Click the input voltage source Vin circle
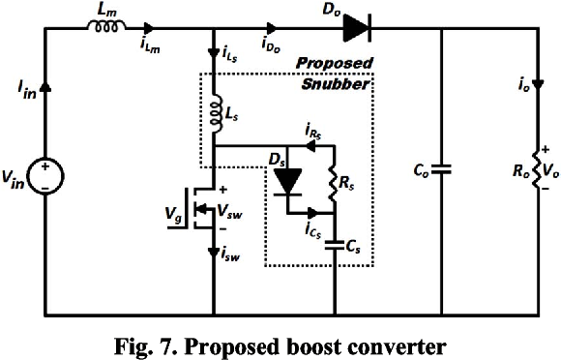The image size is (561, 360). [x=45, y=176]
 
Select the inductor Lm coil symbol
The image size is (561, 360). [x=106, y=26]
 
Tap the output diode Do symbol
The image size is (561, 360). [x=357, y=28]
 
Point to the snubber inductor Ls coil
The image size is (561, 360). [x=216, y=115]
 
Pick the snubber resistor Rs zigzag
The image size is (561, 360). [x=334, y=185]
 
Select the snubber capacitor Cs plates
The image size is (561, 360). [x=335, y=245]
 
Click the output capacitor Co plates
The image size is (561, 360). [x=441, y=169]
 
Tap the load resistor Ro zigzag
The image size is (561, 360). [x=538, y=169]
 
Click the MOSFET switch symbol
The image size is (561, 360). [x=200, y=208]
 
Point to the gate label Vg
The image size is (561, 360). [x=173, y=214]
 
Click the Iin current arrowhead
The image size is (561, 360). [x=45, y=87]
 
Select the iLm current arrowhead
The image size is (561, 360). [x=149, y=28]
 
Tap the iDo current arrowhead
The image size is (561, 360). [x=272, y=28]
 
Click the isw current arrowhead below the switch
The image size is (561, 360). [x=214, y=252]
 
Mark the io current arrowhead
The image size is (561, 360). [x=538, y=85]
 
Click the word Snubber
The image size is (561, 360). [x=335, y=84]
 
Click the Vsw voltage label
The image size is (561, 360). [x=229, y=212]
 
